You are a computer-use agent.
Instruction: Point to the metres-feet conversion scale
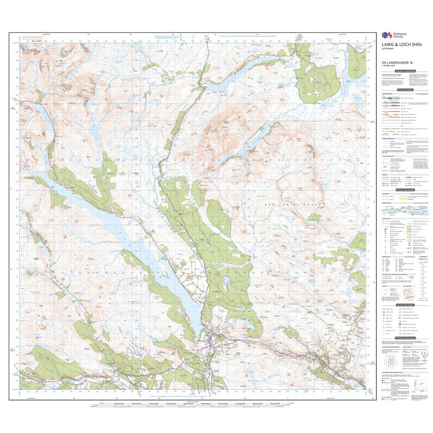(x=424, y=278)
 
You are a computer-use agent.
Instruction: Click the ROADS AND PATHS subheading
(x=388, y=93)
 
